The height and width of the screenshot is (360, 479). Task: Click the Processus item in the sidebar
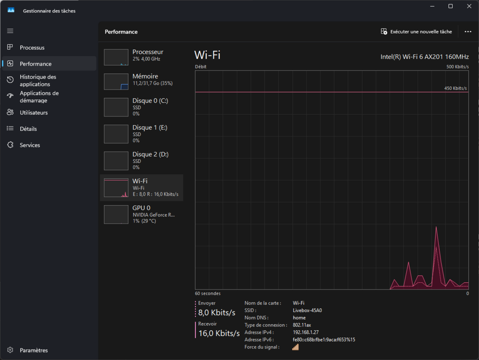[x=32, y=47]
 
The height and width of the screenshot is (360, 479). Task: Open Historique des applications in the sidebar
[x=38, y=81]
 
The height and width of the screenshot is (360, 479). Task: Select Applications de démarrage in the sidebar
[x=39, y=96]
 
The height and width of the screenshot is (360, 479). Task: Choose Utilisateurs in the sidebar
[x=34, y=113]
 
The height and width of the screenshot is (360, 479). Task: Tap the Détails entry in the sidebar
[x=28, y=129]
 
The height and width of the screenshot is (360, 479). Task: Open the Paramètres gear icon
[x=11, y=350]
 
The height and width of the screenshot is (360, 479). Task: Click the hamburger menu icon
[x=10, y=31]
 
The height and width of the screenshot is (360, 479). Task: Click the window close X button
[x=469, y=6]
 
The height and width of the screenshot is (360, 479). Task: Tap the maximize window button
[x=450, y=6]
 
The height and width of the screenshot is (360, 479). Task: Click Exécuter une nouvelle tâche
[x=416, y=32]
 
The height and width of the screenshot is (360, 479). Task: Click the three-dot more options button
[x=468, y=32]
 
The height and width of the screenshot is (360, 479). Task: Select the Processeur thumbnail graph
[x=116, y=57]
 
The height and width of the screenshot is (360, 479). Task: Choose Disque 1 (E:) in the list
[x=142, y=134]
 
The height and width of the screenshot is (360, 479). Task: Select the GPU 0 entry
[x=142, y=215]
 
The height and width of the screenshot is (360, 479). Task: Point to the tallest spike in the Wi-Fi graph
[x=436, y=227]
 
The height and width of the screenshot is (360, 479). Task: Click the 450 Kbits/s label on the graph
[x=455, y=88]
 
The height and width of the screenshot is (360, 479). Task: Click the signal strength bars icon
[x=295, y=347]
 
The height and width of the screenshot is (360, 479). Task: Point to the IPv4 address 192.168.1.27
[x=306, y=332]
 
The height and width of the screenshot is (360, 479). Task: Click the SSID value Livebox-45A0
[x=307, y=310]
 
